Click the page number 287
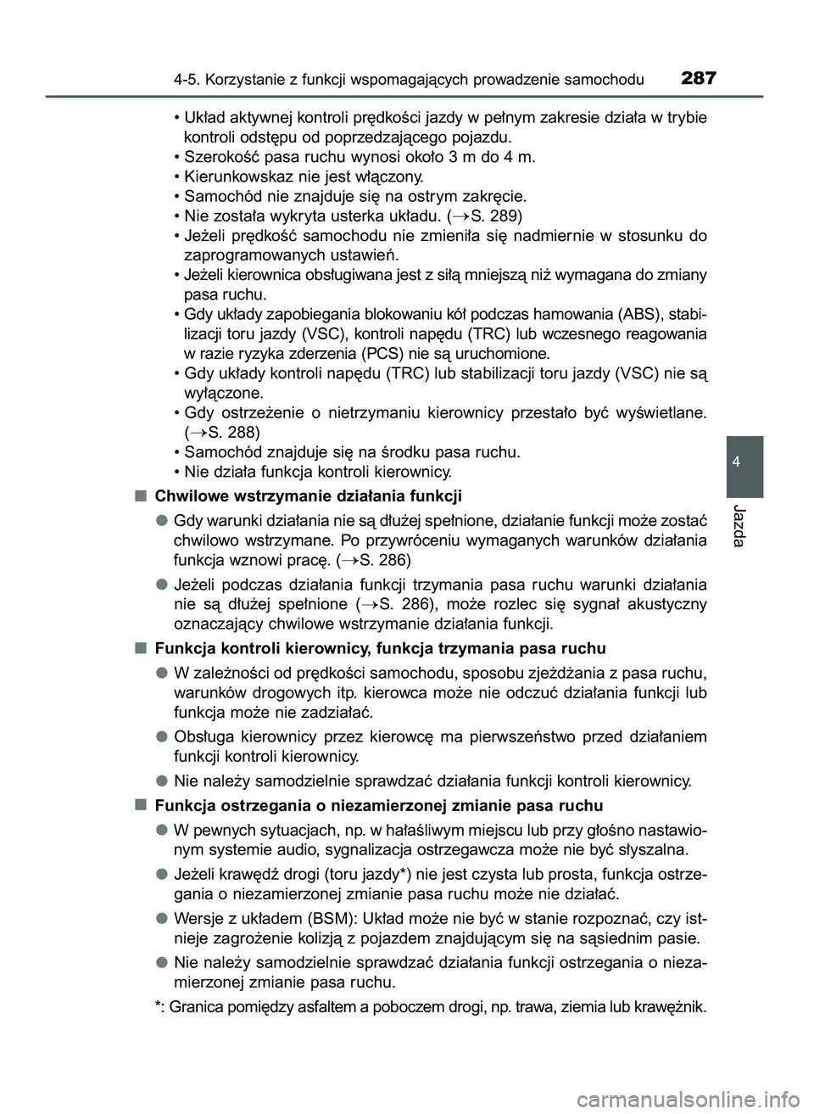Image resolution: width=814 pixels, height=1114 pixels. [x=698, y=79]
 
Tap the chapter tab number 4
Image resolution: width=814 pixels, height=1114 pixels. [x=744, y=462]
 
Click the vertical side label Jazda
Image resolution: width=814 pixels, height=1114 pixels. [x=744, y=523]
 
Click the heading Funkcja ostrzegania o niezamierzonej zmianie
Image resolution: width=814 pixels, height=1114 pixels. [x=379, y=805]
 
